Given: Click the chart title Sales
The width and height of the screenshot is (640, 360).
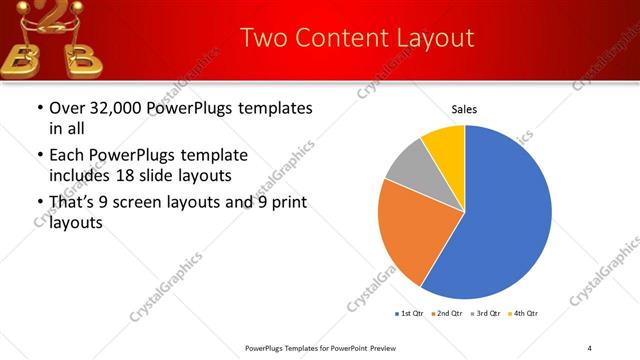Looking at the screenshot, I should [x=464, y=108].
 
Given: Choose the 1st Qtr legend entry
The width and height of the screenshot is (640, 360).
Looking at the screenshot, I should [x=409, y=314].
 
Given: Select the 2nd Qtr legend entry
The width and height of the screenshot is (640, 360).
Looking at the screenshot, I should [x=446, y=314].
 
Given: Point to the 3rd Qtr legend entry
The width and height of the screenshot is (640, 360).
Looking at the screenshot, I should [x=484, y=314].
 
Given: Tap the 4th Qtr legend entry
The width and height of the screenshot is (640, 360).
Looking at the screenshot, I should [x=522, y=314].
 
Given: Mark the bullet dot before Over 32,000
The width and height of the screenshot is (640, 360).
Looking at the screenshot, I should [x=39, y=108].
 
